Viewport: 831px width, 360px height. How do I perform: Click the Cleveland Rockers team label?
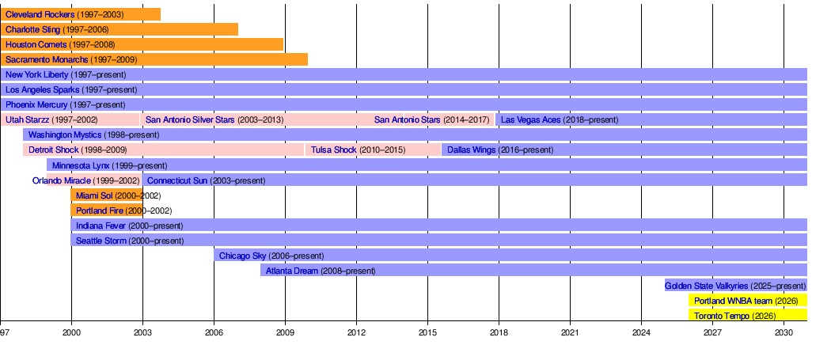tap(40, 15)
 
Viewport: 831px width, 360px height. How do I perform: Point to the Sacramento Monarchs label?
tap(47, 60)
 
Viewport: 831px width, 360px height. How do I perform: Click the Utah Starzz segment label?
tap(27, 120)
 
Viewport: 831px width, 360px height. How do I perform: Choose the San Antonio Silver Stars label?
tap(191, 120)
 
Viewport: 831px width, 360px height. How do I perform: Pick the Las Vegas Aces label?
tap(530, 120)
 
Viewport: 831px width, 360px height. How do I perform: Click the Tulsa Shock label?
tap(333, 150)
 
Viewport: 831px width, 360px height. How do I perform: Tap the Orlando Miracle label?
tap(62, 180)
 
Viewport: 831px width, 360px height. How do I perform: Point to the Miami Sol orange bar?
tap(106, 195)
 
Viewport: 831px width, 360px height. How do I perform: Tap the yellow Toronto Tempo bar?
tap(747, 316)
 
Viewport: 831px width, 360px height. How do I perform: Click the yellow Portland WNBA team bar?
tap(747, 301)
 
